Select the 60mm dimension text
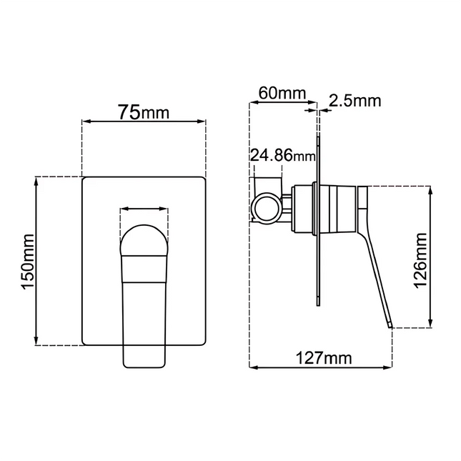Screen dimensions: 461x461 tap(282, 94)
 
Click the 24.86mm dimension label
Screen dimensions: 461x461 tap(282, 155)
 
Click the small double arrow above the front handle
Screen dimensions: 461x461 tap(144, 209)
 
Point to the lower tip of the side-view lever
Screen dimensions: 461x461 tap(390, 326)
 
